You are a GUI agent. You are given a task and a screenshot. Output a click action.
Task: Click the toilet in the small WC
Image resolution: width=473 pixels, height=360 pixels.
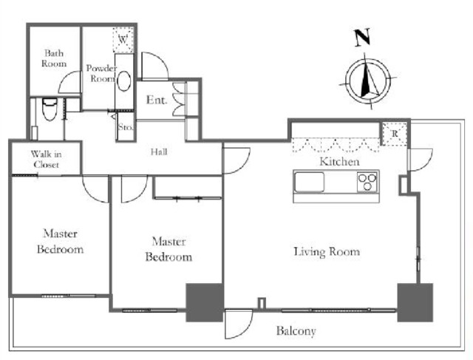click(x=50, y=109)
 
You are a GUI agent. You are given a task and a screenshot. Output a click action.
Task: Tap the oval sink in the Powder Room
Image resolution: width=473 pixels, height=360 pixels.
click(x=124, y=81)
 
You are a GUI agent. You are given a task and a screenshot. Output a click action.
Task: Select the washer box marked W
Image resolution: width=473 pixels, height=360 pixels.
click(x=123, y=40)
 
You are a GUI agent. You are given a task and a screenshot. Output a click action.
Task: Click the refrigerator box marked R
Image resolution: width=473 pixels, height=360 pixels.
click(x=395, y=133)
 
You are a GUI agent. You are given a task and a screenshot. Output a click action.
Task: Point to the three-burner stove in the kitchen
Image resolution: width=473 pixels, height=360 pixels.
click(x=367, y=182)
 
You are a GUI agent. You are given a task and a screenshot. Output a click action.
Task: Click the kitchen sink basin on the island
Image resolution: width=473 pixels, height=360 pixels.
click(x=310, y=182)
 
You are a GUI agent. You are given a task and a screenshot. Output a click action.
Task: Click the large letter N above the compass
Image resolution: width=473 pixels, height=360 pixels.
click(x=362, y=38)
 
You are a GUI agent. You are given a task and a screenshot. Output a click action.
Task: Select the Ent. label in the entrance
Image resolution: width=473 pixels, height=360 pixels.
click(x=157, y=100)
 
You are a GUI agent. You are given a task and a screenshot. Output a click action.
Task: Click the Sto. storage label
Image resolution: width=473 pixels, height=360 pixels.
click(x=126, y=127)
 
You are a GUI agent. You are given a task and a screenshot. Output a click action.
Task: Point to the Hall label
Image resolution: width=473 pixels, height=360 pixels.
click(x=160, y=152)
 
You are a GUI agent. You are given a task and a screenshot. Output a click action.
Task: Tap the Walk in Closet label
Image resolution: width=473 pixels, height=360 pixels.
click(x=46, y=160)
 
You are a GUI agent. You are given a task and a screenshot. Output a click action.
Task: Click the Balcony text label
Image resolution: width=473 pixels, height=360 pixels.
click(x=296, y=331)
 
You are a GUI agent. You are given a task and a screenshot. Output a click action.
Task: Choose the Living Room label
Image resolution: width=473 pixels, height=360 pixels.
click(x=327, y=252)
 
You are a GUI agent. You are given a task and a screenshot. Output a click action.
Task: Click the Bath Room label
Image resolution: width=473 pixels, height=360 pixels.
click(x=54, y=58)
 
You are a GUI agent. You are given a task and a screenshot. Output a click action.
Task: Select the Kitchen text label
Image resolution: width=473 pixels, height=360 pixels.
click(x=340, y=162)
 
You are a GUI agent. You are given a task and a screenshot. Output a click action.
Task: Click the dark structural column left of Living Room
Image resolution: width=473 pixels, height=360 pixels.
click(x=205, y=302)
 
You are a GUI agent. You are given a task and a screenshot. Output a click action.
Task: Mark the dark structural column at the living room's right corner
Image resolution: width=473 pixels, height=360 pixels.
click(x=415, y=302)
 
